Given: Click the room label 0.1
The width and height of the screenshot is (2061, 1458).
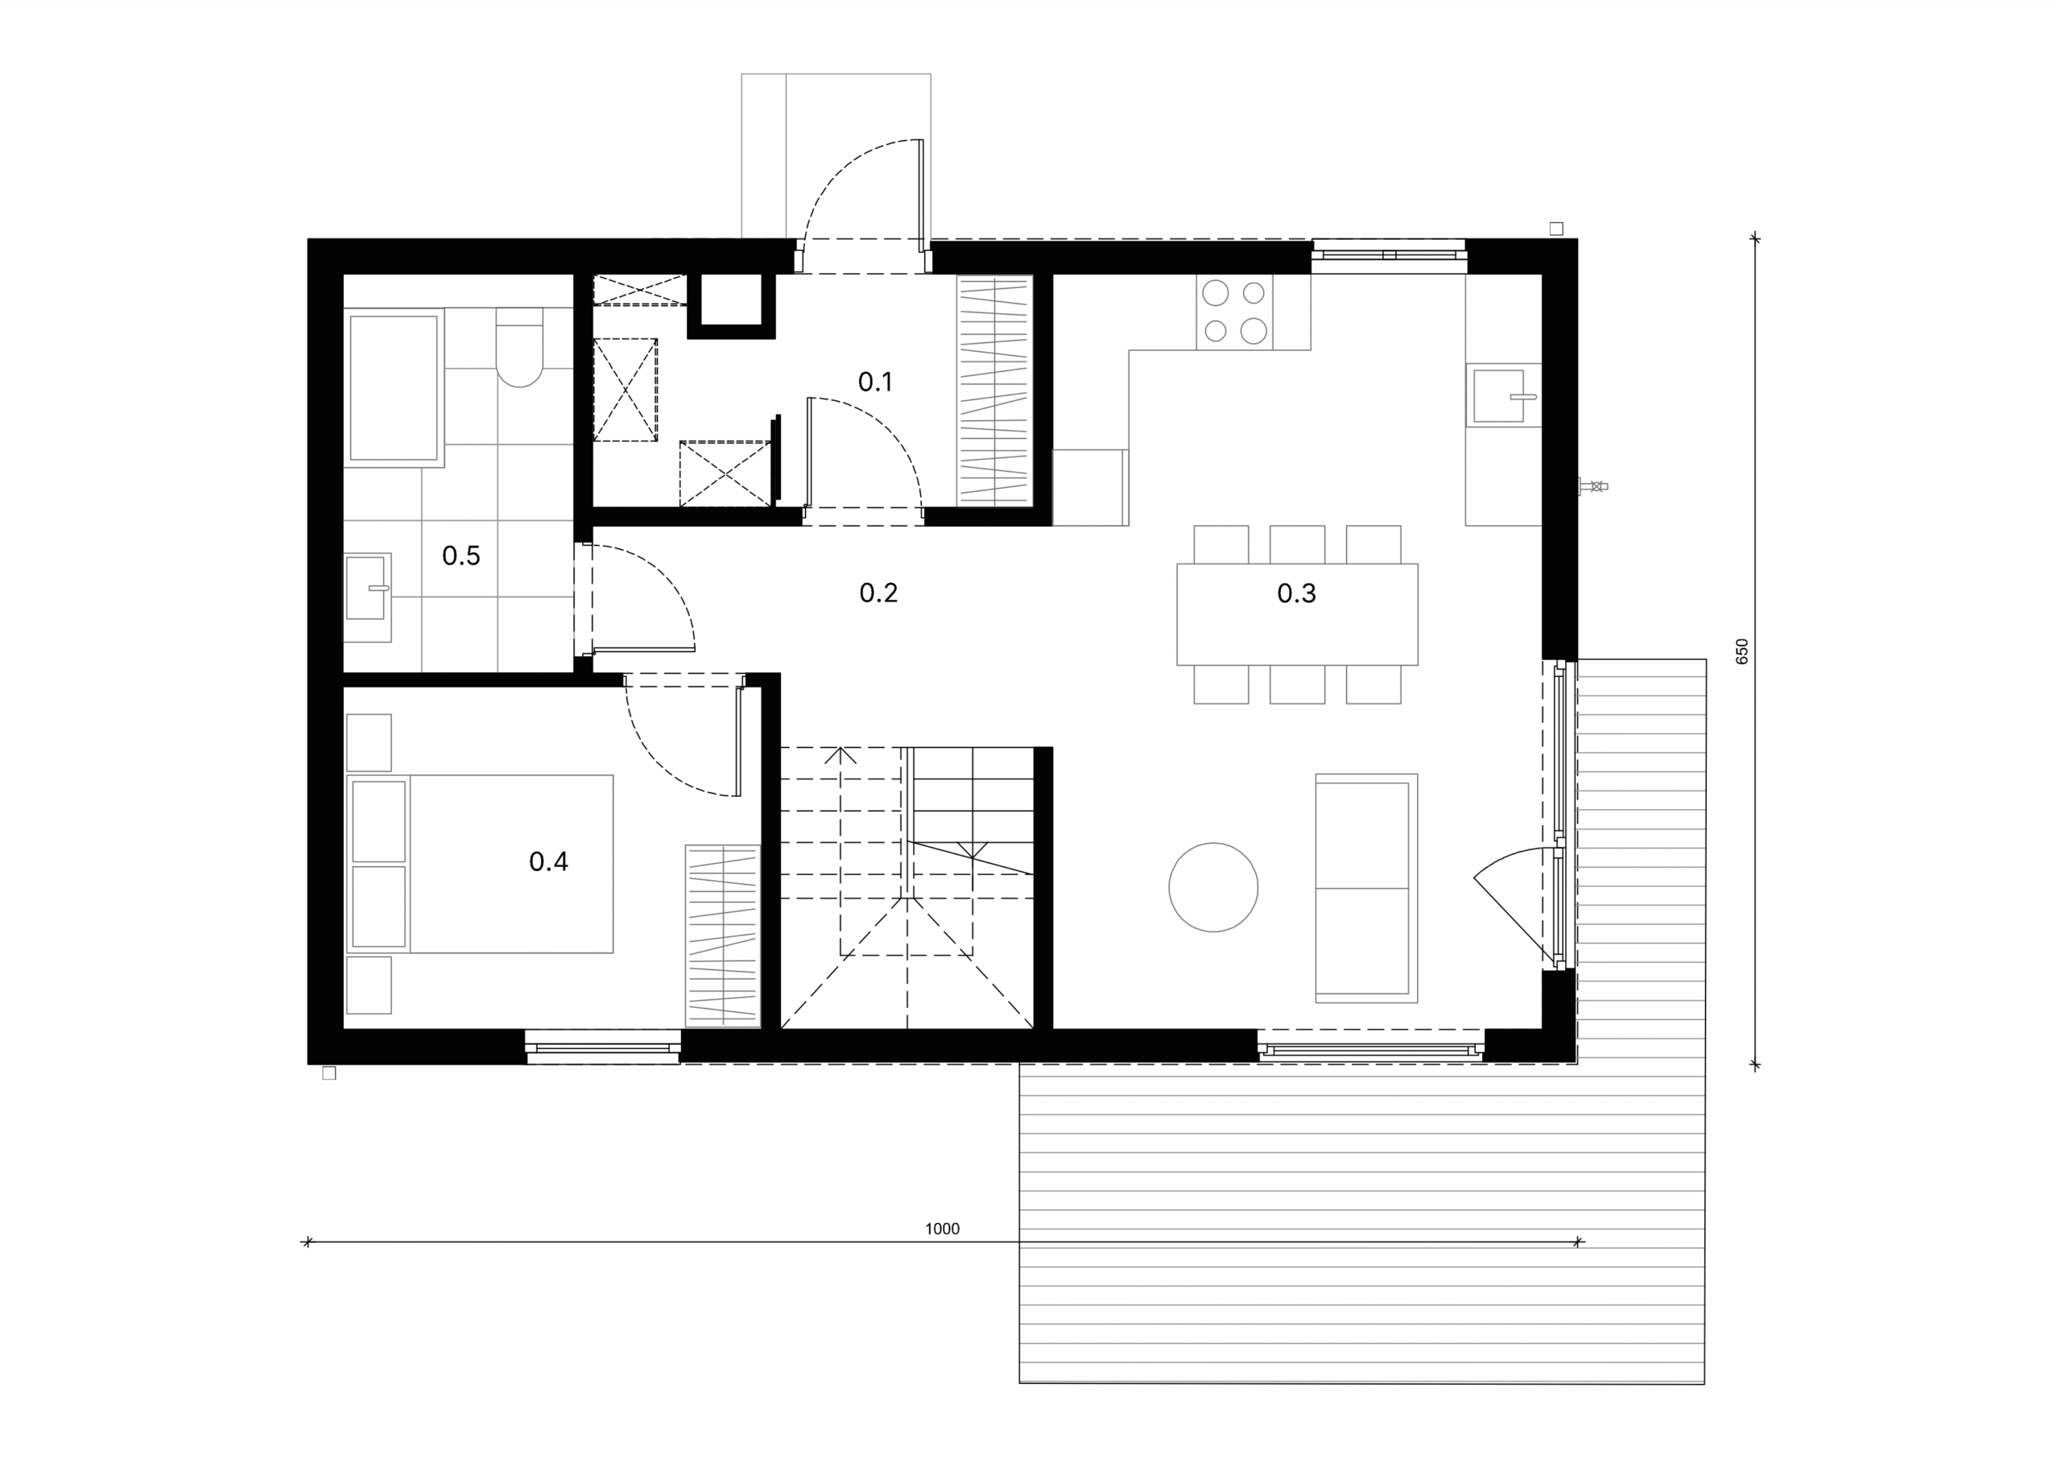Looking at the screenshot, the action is click(875, 382).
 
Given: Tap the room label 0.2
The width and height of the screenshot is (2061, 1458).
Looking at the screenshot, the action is click(878, 593).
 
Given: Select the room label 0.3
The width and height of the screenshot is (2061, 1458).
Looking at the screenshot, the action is click(1296, 593).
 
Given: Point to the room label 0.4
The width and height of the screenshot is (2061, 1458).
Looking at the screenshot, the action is click(548, 862).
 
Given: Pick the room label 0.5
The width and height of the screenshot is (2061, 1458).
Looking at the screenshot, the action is click(461, 556).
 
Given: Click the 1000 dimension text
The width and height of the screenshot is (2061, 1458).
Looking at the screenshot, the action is click(943, 1229).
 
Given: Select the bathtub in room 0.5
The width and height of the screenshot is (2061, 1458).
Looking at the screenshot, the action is click(394, 388).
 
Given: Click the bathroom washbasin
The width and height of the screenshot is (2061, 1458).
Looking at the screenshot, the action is click(368, 597).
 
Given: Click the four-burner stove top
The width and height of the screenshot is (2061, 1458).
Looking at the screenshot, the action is click(1234, 312).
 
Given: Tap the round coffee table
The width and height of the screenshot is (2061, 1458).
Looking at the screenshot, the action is click(1212, 887).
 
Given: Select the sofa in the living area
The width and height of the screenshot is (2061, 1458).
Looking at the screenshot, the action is click(1366, 888).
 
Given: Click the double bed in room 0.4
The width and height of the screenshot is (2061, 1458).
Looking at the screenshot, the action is click(481, 864).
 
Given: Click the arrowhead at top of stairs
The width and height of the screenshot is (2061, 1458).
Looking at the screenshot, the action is click(841, 754).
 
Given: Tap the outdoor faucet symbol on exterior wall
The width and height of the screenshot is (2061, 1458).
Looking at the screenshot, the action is click(1593, 486).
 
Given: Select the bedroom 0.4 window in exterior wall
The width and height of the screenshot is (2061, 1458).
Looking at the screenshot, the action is click(603, 1047).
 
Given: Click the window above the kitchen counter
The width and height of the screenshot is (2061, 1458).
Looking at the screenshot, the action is click(1389, 255).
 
